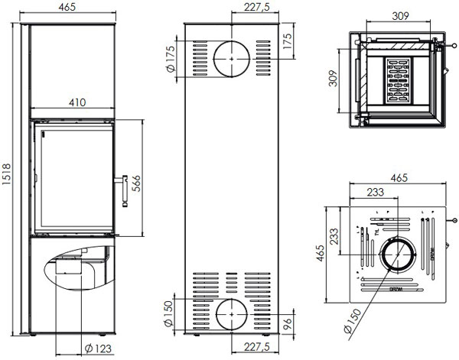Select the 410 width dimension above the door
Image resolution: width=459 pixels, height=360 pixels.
(74, 102)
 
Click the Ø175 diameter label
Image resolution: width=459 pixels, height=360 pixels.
(171, 60)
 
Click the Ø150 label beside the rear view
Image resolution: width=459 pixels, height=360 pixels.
(171, 314)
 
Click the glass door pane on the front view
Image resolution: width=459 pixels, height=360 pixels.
(72, 177)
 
